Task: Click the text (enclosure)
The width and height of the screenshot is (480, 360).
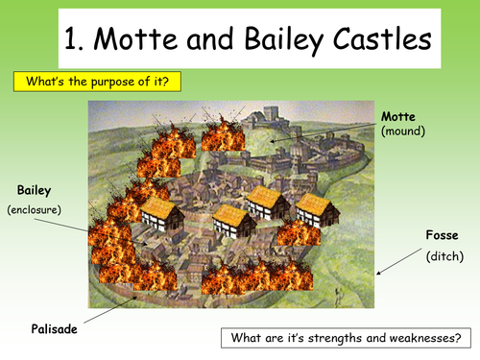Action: tap(35, 208)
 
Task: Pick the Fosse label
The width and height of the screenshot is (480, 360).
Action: tap(443, 235)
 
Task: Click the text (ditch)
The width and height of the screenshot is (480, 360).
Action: tap(441, 256)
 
